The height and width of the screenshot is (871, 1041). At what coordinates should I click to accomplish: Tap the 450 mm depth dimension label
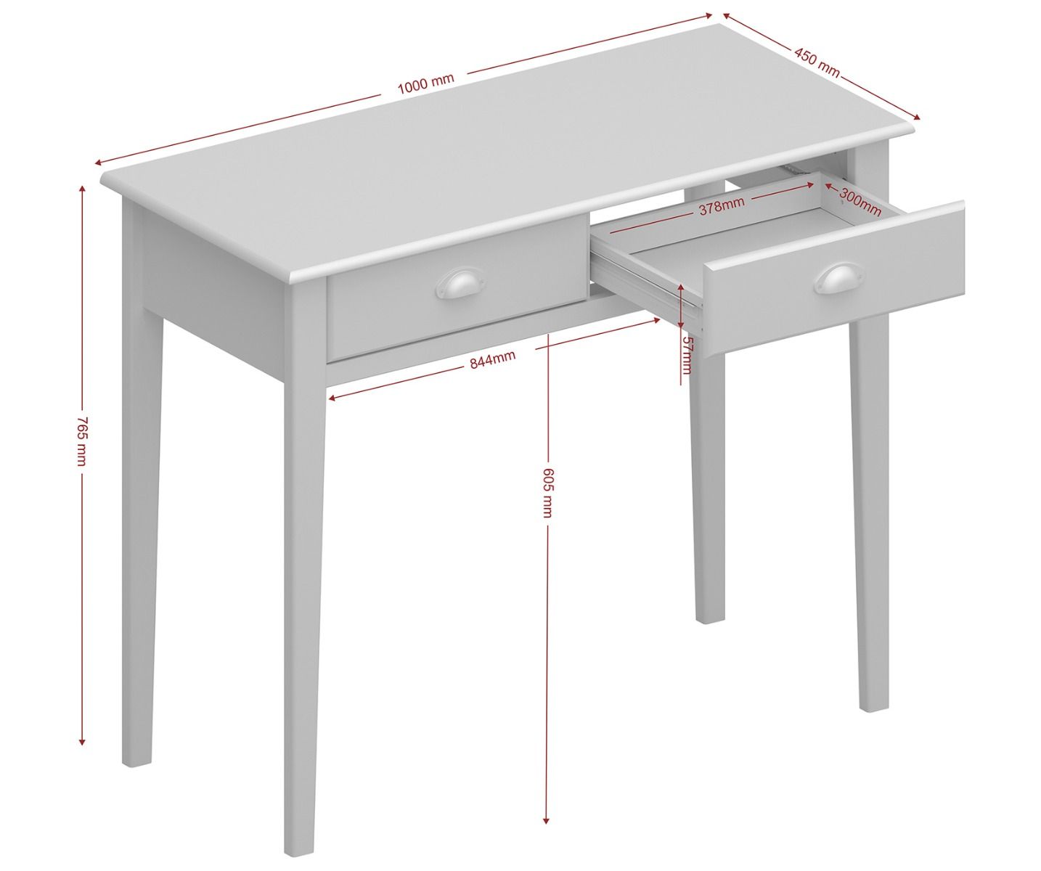pyautogui.click(x=817, y=63)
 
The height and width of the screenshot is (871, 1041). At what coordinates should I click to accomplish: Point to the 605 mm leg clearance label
pyautogui.click(x=547, y=493)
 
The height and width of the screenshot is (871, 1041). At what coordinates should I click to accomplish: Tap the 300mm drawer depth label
pyautogui.click(x=860, y=202)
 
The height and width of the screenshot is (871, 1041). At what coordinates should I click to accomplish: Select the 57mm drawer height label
pyautogui.click(x=687, y=355)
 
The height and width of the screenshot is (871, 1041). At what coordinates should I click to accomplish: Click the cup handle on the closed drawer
pyautogui.click(x=453, y=285)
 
